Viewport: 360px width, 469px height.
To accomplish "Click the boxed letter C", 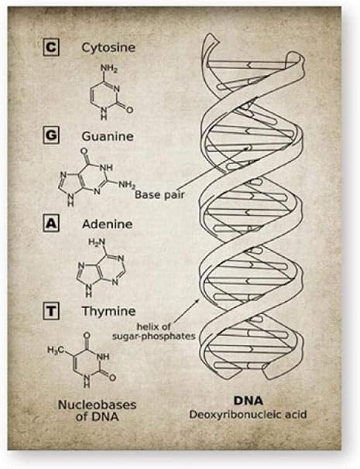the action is [51, 47].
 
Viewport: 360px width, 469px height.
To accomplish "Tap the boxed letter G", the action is [51, 135].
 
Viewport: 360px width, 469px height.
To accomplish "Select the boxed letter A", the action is [51, 224].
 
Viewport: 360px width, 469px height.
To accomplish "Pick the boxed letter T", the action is [51, 311].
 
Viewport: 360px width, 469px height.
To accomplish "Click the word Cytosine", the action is [108, 48].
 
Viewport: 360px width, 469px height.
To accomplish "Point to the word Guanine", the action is [108, 136].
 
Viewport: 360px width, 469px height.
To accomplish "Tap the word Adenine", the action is [108, 224].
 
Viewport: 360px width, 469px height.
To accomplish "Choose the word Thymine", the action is [108, 312].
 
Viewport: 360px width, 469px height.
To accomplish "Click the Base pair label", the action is [159, 195].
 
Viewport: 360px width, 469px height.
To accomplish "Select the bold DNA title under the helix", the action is [249, 400].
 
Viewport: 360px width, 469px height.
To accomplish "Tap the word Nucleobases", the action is [97, 405].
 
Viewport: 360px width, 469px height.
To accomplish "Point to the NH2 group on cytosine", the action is [109, 69].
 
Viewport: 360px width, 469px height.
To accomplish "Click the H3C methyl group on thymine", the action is [56, 349].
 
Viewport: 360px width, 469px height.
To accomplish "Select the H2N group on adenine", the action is [97, 241].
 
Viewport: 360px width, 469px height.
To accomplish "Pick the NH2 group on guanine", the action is [127, 184].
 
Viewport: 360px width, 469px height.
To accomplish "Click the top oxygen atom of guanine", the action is [84, 151].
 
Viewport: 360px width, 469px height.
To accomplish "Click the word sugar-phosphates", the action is [154, 337].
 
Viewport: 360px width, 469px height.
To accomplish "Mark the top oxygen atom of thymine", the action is [87, 335].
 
